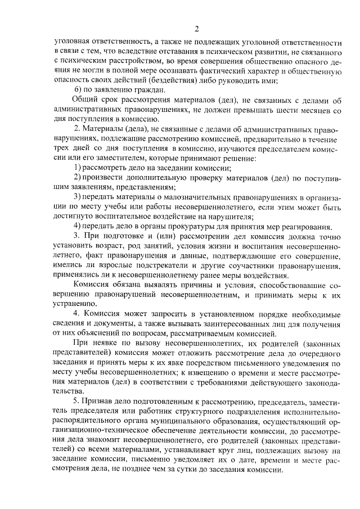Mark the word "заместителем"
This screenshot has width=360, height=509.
click(x=107, y=159)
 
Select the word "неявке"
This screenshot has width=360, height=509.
click(x=97, y=344)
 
